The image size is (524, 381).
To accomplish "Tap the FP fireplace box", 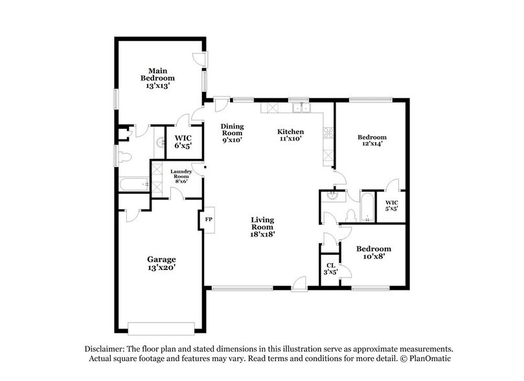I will tap(209, 219).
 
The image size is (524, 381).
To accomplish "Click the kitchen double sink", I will tap(300, 108).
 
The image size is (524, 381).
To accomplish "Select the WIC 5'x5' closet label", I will tap(391, 205).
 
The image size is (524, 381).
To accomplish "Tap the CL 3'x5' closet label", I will tap(330, 268).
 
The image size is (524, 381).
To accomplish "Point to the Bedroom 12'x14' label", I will tap(372, 141).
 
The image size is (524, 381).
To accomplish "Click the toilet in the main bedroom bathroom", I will tap(124, 156).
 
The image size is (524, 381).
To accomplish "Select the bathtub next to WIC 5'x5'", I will tap(367, 207).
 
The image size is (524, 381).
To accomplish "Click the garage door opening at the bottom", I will tap(161, 325).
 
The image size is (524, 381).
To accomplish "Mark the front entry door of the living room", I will tap(299, 284).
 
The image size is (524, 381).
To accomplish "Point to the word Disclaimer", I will tap(104, 347).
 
